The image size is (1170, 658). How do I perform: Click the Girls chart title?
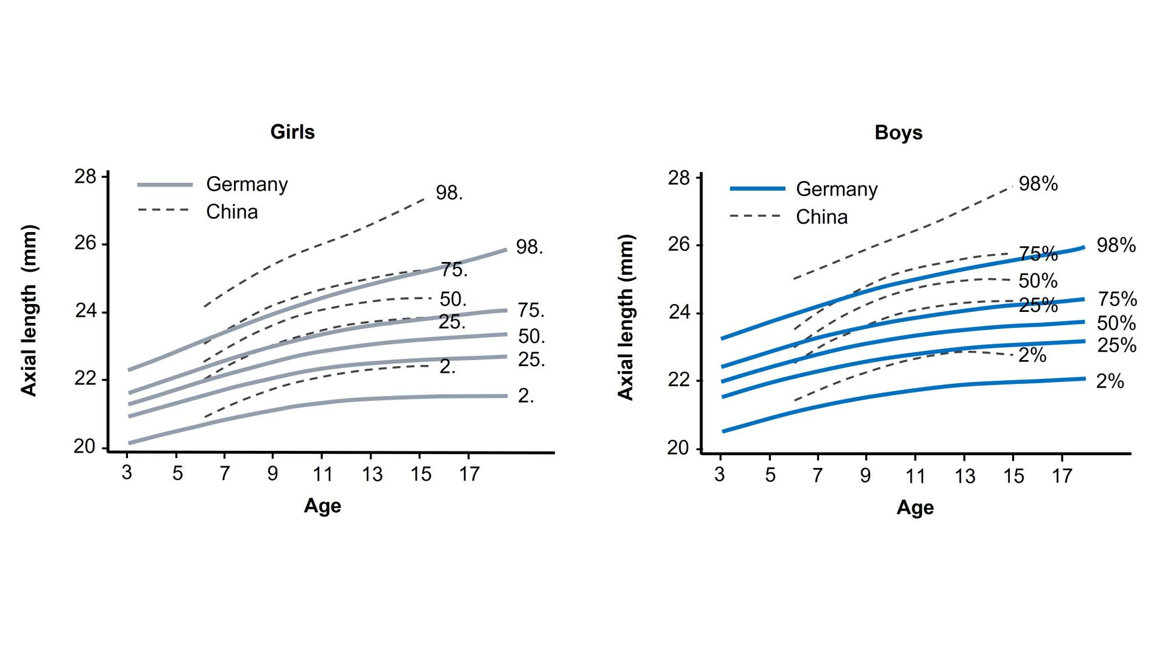[292, 132]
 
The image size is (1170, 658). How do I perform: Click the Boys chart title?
[898, 133]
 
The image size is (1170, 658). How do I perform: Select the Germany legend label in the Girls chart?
[247, 184]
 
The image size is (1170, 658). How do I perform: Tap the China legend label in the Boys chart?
[821, 217]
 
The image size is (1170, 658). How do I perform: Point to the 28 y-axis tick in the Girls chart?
[85, 177]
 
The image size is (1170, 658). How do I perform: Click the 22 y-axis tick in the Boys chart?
[678, 380]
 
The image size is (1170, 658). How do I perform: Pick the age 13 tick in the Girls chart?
[372, 474]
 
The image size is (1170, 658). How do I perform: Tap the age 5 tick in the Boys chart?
[770, 475]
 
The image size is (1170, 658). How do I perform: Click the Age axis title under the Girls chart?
[322, 506]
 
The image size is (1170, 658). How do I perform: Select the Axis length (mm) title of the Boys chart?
[626, 317]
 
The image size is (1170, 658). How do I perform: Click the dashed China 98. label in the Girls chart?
[449, 193]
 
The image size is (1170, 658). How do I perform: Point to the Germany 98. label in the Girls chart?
[529, 247]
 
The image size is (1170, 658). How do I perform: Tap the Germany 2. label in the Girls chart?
[526, 396]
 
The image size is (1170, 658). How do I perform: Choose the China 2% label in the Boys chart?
[1032, 355]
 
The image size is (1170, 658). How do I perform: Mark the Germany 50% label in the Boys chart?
[1116, 323]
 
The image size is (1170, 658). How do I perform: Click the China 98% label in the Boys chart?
[1038, 184]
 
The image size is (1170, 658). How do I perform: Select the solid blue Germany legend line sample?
[757, 189]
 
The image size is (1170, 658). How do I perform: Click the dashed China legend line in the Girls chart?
[163, 210]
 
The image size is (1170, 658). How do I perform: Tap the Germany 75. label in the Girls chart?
[531, 311]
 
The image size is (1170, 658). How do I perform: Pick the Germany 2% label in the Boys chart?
[1110, 381]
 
